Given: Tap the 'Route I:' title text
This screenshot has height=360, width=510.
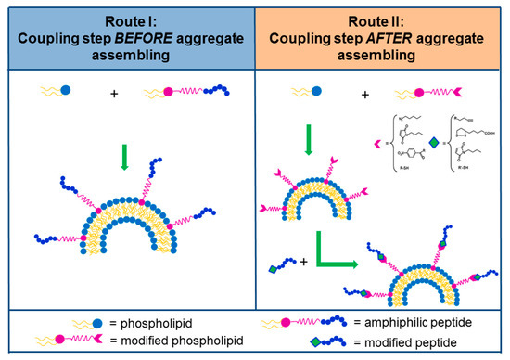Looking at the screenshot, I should pyautogui.click(x=127, y=21).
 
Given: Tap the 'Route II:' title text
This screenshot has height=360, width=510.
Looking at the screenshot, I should pyautogui.click(x=381, y=21).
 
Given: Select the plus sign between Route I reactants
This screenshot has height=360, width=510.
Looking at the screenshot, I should pyautogui.click(x=113, y=93).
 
